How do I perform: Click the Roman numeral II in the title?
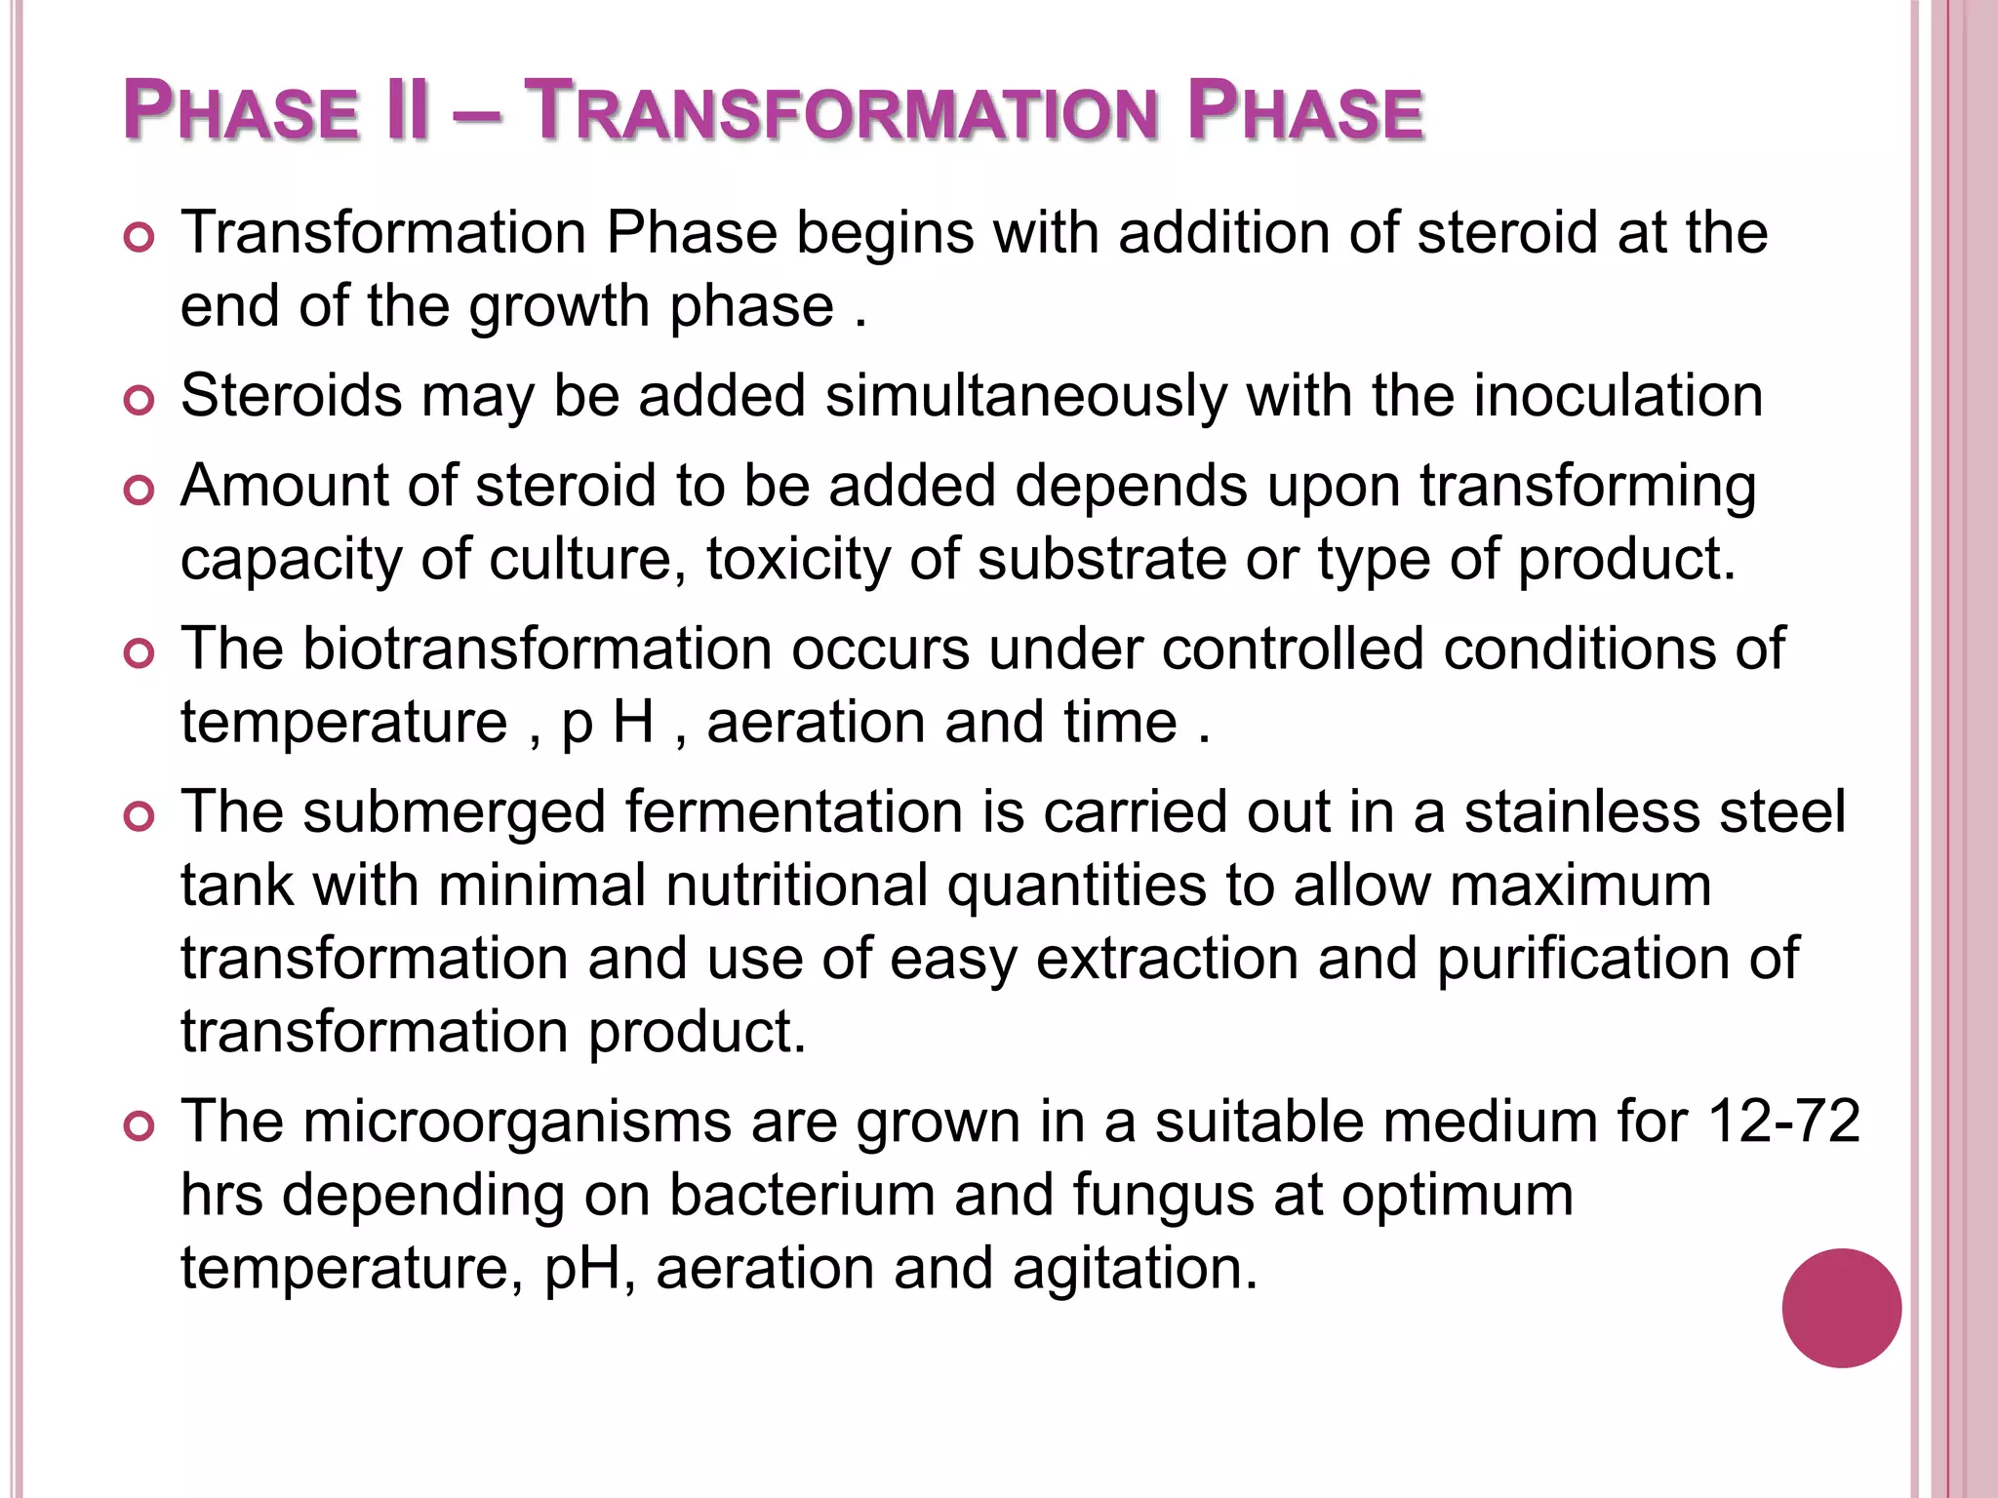[406, 111]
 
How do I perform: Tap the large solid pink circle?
[1841, 1308]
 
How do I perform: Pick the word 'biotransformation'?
[537, 649]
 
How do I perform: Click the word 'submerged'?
[454, 812]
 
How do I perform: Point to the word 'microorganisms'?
[517, 1122]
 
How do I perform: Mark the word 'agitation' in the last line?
[1135, 1269]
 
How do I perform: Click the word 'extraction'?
[1167, 959]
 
